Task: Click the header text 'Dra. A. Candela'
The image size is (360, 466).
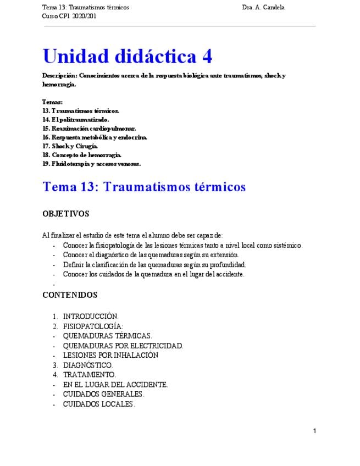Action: [x=263, y=8]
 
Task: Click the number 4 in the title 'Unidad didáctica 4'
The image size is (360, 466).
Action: [x=206, y=56]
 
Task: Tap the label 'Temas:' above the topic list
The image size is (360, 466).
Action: [x=52, y=102]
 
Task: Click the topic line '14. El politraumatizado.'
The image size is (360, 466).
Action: [x=75, y=119]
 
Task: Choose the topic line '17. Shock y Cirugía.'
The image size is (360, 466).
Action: [x=70, y=146]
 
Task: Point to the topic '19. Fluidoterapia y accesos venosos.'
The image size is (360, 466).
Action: [x=91, y=163]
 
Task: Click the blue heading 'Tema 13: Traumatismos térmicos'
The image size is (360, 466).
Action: [x=144, y=187]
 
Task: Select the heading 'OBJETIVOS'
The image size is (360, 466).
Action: [x=65, y=214]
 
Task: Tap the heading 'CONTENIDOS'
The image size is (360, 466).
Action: [x=70, y=295]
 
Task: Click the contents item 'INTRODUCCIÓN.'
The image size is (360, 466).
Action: [x=91, y=317]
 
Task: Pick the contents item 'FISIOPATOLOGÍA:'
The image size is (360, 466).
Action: [x=93, y=326]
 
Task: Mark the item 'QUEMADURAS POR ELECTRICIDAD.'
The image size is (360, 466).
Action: [x=123, y=346]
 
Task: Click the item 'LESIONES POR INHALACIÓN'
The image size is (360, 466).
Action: [x=110, y=355]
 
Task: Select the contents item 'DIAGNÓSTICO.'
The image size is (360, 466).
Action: [x=88, y=365]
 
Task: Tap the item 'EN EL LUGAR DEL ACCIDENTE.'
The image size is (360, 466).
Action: [x=115, y=385]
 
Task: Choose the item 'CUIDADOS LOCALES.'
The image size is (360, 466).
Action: [x=99, y=404]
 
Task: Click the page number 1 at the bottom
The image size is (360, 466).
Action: [x=314, y=431]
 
